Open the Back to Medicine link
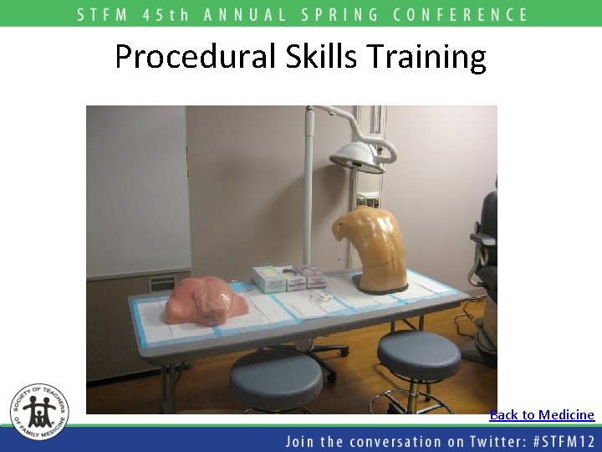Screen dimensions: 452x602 click(542, 415)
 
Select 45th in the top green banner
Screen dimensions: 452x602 click(166, 14)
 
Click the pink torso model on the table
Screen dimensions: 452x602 click(205, 301)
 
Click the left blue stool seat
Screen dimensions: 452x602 click(276, 378)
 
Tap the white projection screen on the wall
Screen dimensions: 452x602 click(138, 188)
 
